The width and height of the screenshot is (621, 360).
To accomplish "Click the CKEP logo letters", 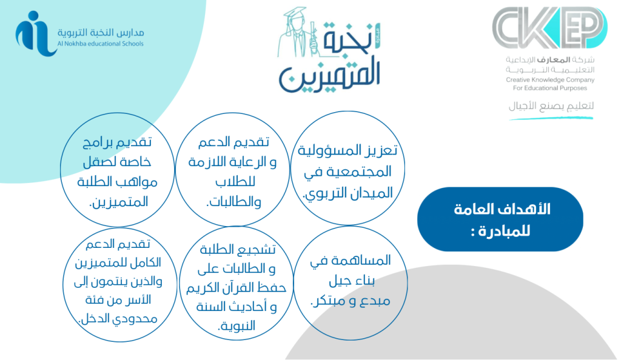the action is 549,27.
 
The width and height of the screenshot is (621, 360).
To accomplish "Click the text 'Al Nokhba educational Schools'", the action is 101,44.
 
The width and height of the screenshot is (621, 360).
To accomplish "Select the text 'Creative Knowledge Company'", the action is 550,79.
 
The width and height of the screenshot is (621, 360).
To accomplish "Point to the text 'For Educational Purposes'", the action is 550,88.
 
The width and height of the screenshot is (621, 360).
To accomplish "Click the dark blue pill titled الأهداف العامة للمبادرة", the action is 500,219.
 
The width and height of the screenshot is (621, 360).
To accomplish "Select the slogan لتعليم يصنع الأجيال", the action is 551,105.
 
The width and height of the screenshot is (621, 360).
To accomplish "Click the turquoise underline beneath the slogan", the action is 551,118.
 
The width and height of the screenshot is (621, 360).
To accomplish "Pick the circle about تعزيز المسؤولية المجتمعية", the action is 347,168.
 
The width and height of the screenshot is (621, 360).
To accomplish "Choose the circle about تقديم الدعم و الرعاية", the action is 232,169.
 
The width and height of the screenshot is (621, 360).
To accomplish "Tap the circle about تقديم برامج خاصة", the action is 118,170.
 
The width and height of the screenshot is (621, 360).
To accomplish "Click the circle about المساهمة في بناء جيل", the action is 351,283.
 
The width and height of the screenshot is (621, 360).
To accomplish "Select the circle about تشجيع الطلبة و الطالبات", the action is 237,283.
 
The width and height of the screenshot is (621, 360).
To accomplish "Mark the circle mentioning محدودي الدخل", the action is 120,284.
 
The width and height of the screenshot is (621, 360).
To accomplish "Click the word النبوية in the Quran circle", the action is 237,326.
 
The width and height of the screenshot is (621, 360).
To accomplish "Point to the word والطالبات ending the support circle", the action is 233,202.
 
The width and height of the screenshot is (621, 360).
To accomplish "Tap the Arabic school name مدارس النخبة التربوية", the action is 101,32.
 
